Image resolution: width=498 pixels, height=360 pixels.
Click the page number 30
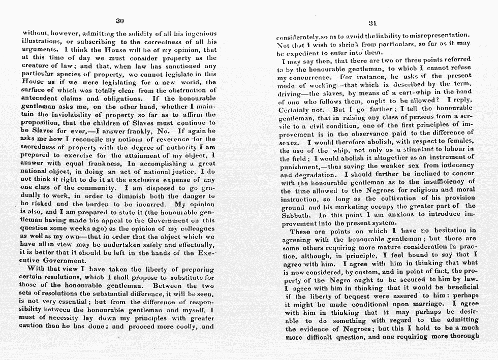(x=120, y=21)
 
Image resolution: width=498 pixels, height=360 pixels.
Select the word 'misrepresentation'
(x=437, y=36)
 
